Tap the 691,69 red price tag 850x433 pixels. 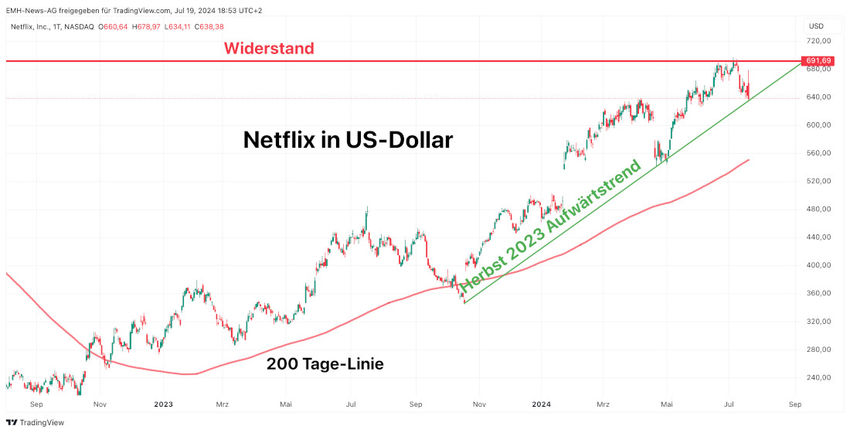818,60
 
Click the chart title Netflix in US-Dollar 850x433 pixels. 348,140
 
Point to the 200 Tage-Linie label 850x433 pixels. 325,363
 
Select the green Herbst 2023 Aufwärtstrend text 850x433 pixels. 550,229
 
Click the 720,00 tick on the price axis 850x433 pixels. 818,40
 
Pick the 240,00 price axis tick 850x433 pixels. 818,377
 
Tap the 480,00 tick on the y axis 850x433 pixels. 818,209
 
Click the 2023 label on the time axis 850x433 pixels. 163,404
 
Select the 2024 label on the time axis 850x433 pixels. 541,404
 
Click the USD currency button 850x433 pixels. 817,26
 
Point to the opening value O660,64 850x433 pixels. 113,26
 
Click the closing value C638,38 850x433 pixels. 209,26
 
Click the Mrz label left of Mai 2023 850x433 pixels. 223,404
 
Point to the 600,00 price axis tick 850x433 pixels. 818,124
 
